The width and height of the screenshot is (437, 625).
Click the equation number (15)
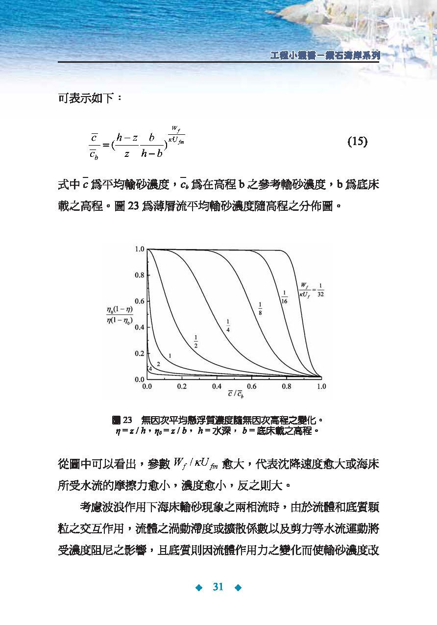357,142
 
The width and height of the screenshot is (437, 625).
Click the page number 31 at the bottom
218,587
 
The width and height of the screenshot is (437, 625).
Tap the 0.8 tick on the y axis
140,275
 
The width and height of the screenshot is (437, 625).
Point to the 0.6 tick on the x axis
251,386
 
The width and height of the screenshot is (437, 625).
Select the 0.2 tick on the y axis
140,353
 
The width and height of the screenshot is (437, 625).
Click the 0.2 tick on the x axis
182,386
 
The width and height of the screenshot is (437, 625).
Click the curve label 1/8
260,309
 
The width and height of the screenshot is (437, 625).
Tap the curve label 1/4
228,325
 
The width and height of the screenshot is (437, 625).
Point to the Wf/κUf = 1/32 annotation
312,289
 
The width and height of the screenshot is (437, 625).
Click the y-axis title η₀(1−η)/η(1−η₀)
119,316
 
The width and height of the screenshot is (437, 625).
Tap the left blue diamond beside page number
199,587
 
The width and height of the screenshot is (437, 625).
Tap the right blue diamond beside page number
238,587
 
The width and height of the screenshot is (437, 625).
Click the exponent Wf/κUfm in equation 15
176,134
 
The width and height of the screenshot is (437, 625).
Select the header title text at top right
325,55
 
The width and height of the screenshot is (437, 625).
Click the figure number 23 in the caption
127,420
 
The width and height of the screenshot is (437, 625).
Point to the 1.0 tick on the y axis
140,249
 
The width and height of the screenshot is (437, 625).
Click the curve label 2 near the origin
158,364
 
